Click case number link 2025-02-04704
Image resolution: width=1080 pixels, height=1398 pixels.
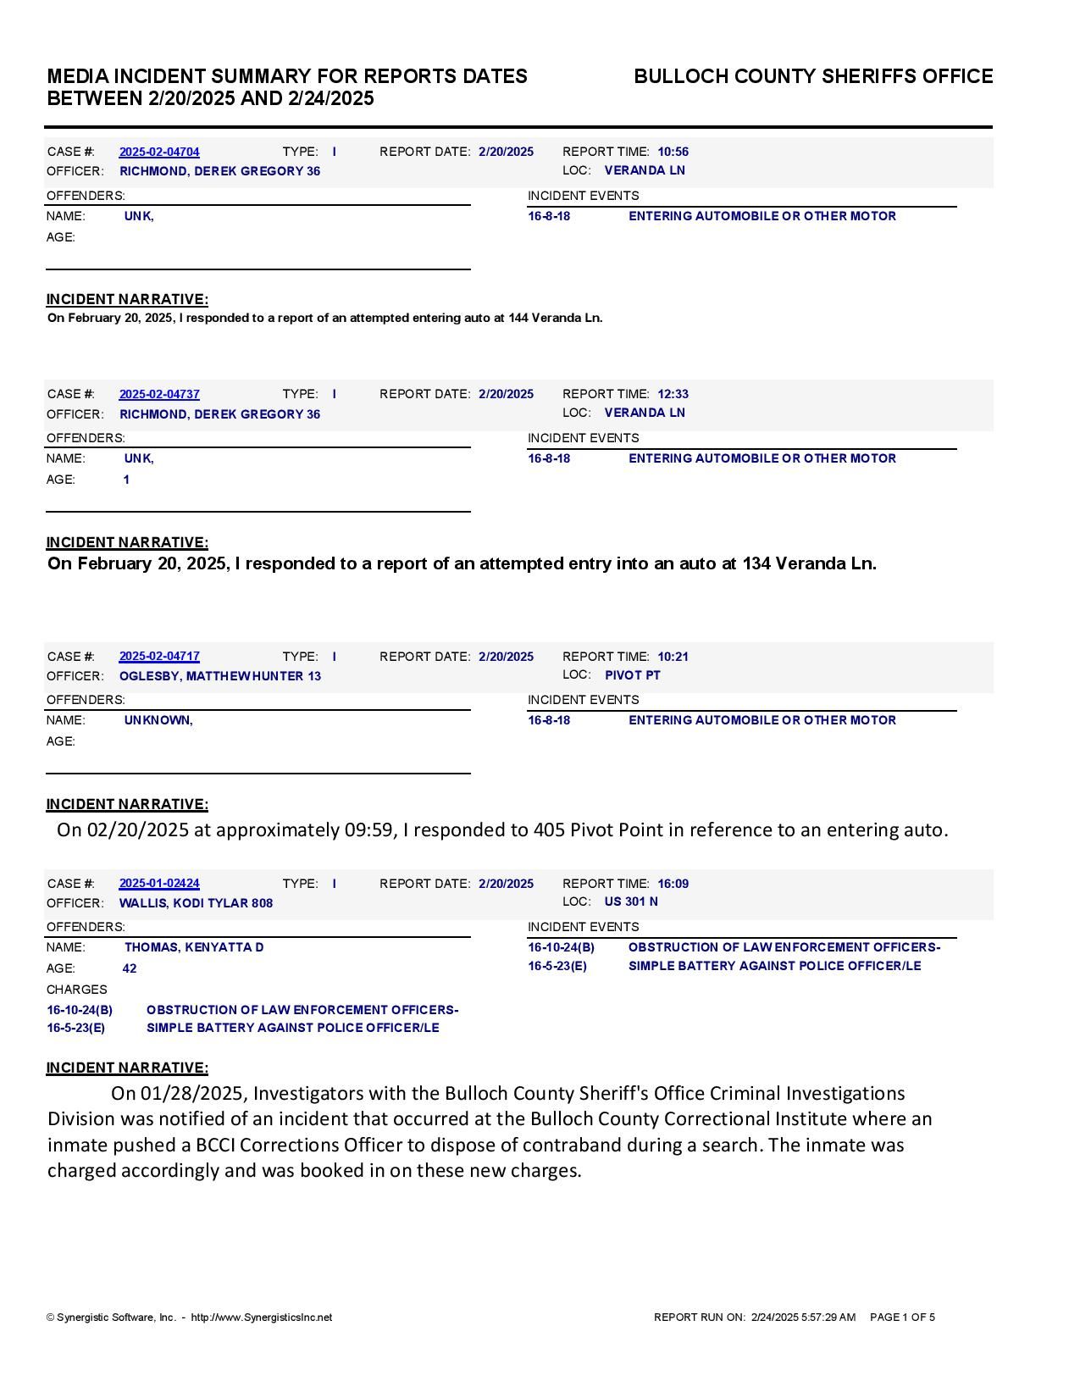click(159, 152)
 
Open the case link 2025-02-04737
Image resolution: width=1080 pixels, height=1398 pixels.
click(159, 394)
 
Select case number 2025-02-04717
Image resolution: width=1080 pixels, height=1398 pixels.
click(159, 657)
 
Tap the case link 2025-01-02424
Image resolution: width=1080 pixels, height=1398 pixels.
click(159, 884)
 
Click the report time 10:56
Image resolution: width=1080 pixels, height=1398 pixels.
click(673, 152)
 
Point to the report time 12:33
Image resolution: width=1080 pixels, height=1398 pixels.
click(673, 394)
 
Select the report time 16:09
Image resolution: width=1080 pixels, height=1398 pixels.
click(673, 884)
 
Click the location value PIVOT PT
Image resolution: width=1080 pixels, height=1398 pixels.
click(632, 675)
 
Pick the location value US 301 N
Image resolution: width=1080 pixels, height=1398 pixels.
click(631, 901)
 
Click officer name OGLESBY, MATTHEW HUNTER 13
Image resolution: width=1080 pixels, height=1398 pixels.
click(220, 676)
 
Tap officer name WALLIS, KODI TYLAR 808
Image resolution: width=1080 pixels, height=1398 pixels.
click(196, 903)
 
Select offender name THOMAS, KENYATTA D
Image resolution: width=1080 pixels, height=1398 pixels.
click(194, 947)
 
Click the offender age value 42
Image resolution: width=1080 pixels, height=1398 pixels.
click(130, 968)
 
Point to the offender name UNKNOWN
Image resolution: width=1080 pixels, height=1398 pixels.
click(158, 720)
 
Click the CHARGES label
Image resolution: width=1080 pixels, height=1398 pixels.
click(77, 990)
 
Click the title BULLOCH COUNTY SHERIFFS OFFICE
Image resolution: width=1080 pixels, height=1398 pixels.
click(813, 76)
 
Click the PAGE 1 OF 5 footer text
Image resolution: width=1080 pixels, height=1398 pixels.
click(902, 1318)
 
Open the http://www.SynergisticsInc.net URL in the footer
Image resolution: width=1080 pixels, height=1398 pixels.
click(262, 1318)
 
